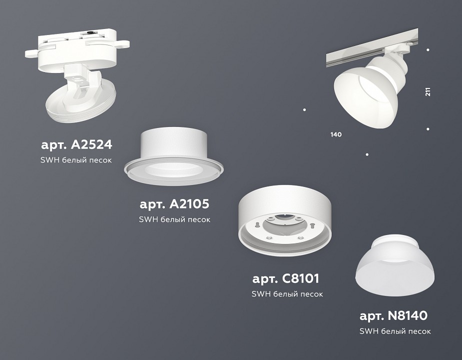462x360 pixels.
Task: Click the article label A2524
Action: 76,145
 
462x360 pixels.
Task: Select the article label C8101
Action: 286,278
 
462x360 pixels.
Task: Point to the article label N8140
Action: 394,315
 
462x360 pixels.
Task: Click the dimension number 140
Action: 336,134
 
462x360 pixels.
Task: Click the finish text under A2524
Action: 76,160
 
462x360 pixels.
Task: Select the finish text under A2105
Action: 174,219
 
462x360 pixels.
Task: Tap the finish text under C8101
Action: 287,294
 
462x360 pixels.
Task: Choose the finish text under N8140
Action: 395,331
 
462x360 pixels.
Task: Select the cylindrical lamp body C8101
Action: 286,217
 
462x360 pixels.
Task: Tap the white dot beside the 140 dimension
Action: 305,109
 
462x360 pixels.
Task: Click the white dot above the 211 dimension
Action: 428,50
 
